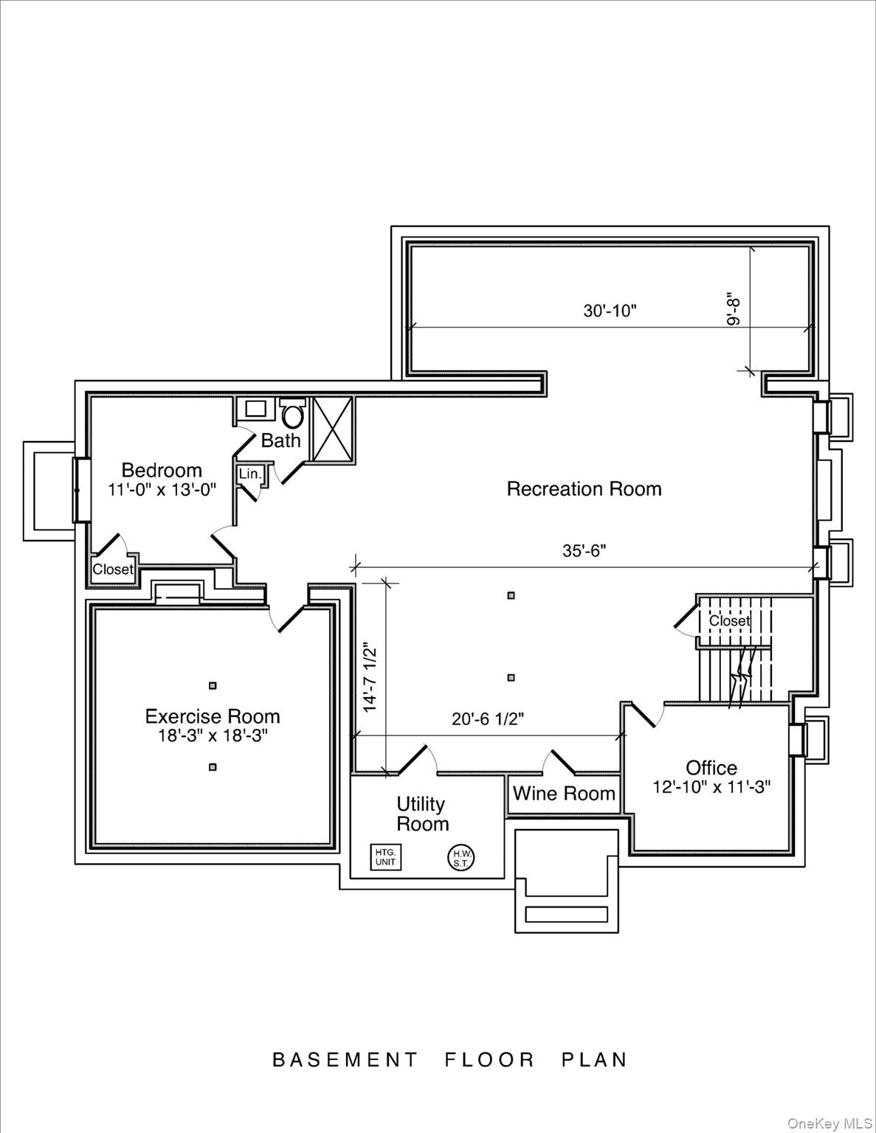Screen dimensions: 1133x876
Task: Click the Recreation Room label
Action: (x=584, y=489)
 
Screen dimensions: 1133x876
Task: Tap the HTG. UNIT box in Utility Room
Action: (x=385, y=857)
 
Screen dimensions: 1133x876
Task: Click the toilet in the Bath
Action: (x=293, y=414)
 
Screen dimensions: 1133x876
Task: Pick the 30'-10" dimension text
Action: (x=610, y=311)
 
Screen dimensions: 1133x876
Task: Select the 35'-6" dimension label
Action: (x=584, y=551)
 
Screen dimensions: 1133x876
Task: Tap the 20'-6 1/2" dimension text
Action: (x=488, y=718)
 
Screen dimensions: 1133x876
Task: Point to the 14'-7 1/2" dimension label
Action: (x=370, y=677)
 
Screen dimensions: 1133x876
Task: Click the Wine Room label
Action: (x=564, y=794)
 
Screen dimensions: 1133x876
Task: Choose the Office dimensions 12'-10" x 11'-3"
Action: (x=711, y=787)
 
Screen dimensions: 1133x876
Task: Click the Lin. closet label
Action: (x=250, y=474)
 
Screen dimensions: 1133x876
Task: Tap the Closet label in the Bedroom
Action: (x=113, y=569)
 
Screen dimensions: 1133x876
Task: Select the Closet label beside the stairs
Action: (x=729, y=621)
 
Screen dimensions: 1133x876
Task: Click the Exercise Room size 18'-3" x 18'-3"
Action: (x=213, y=735)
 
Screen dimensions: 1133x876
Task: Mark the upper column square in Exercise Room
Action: (x=213, y=685)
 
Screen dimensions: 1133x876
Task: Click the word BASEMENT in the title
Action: (x=345, y=1060)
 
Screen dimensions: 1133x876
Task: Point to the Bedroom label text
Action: (x=162, y=470)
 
